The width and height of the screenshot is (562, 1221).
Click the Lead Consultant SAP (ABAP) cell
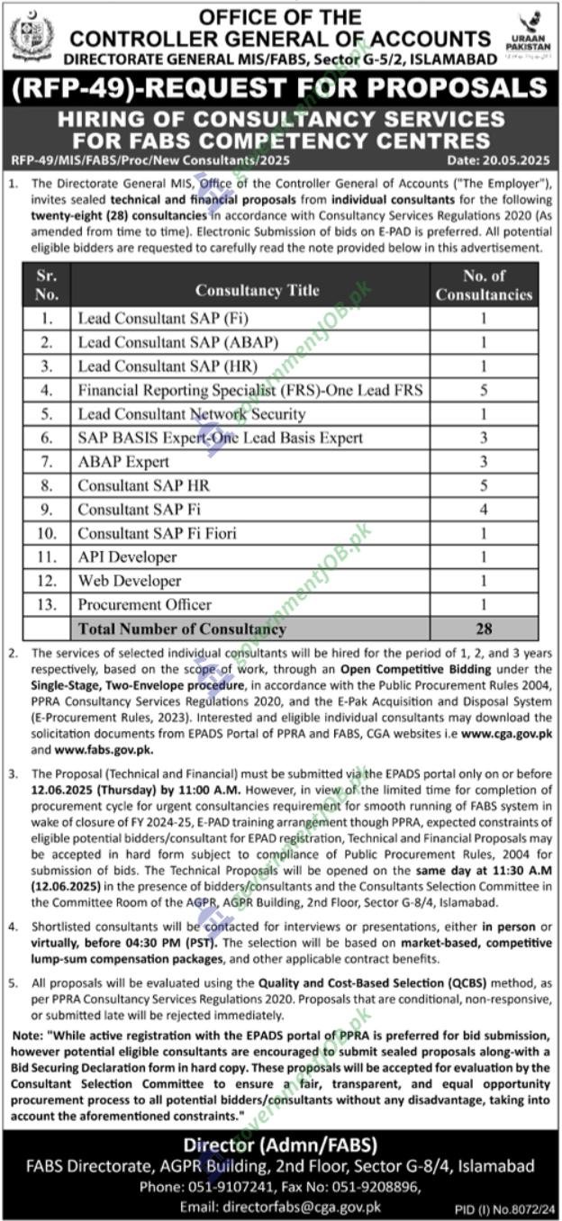(x=177, y=342)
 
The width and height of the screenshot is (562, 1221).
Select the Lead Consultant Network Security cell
(x=191, y=414)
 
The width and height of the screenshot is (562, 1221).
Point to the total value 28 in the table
(x=484, y=629)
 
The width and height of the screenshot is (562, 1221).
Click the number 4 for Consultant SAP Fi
(x=484, y=510)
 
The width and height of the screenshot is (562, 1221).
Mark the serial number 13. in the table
(x=47, y=605)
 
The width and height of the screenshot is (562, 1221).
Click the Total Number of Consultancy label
(x=182, y=629)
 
